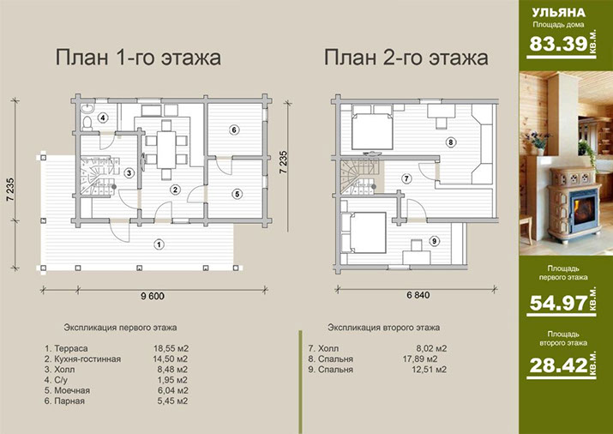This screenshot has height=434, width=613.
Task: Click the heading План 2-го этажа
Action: click(406, 58)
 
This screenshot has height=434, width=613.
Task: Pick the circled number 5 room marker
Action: click(237, 194)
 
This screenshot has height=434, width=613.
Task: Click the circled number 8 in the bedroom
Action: click(449, 142)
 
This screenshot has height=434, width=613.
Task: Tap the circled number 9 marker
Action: click(434, 241)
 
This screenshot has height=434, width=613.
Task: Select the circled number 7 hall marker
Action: click(407, 178)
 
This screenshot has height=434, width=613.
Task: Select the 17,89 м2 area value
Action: click(430, 359)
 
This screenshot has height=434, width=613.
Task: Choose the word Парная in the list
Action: click(70, 401)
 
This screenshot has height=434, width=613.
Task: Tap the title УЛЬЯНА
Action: click(559, 13)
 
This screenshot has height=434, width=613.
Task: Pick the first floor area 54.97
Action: click(552, 301)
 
